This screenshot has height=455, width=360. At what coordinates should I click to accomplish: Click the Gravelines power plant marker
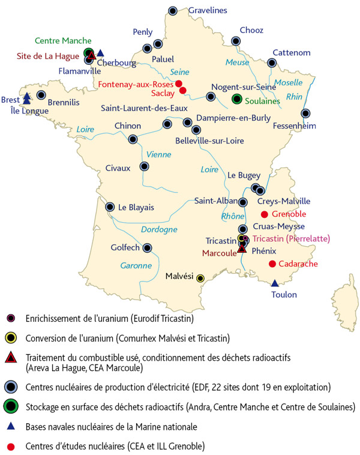[173, 10]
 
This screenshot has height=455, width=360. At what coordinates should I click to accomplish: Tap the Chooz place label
[251, 30]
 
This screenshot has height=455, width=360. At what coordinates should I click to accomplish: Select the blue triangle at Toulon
[275, 283]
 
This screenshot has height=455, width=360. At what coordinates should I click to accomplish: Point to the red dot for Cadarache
[272, 264]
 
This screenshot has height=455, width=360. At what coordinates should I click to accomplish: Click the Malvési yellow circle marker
[200, 278]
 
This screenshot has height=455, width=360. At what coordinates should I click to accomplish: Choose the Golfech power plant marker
[147, 247]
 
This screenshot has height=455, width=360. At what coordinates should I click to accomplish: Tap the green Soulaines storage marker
[237, 98]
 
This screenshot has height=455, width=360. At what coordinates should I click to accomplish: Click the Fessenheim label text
[293, 127]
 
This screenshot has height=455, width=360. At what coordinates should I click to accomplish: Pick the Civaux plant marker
[144, 166]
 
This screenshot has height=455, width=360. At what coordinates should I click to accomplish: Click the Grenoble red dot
[265, 214]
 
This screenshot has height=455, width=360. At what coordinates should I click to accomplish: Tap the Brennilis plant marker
[41, 95]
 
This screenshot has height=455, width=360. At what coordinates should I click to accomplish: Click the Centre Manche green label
[58, 41]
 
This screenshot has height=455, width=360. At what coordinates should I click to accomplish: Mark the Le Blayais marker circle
[110, 207]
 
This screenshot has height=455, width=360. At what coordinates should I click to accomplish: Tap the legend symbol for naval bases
[11, 426]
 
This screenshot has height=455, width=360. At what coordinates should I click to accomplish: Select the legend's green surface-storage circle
[11, 406]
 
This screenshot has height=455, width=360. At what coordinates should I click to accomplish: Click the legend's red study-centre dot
[11, 445]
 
